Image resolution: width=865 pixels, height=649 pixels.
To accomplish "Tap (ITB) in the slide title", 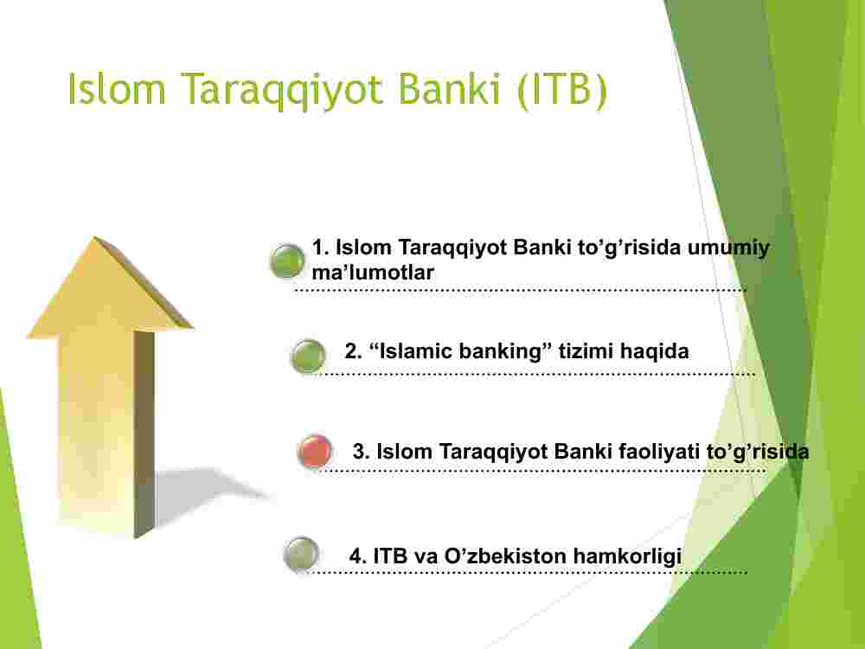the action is (563, 90).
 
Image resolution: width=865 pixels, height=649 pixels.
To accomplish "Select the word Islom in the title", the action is (117, 88).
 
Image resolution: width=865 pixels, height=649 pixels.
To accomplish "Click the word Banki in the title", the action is (449, 88).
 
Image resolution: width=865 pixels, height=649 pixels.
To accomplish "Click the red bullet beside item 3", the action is (315, 452).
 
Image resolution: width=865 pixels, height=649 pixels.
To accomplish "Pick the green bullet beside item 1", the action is (287, 260).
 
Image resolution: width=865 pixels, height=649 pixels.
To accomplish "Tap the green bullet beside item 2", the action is (308, 356).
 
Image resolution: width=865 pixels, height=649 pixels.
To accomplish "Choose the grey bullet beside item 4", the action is (301, 554).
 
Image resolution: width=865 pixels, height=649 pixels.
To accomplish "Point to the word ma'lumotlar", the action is (373, 272).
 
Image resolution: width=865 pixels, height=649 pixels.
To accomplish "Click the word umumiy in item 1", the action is (728, 248).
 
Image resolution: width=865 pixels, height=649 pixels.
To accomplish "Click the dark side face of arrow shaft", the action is (144, 434).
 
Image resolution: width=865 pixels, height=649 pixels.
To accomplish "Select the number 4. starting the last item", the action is (357, 556).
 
